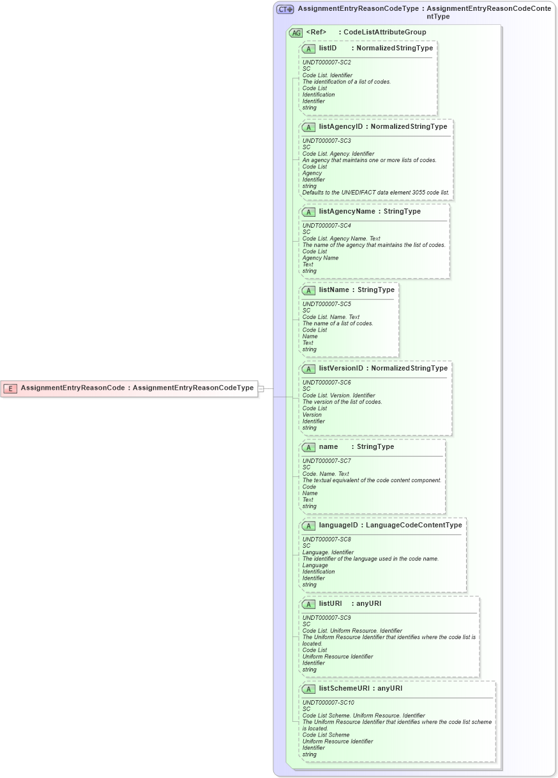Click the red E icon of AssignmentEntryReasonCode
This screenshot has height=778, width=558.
click(10, 388)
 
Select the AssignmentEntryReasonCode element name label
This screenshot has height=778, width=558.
click(72, 388)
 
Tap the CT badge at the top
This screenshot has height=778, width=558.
click(285, 10)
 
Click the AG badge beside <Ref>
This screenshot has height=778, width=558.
click(296, 33)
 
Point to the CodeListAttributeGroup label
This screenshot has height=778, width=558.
click(384, 32)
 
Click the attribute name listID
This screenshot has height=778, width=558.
click(328, 48)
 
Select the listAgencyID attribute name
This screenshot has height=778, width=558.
click(341, 126)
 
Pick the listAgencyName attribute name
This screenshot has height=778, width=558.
click(347, 211)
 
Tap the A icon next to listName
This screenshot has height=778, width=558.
click(309, 290)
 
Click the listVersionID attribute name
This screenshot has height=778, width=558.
click(341, 368)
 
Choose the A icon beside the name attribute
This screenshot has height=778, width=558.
click(309, 447)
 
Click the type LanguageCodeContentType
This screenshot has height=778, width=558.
click(414, 525)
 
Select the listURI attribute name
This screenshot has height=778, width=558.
click(331, 603)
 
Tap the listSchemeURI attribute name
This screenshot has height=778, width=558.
click(343, 688)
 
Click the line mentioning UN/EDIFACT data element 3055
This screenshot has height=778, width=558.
click(375, 193)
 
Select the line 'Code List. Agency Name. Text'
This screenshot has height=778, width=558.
click(341, 239)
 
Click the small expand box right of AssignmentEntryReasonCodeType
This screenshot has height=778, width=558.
click(260, 388)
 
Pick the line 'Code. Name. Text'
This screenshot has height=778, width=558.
click(326, 474)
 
